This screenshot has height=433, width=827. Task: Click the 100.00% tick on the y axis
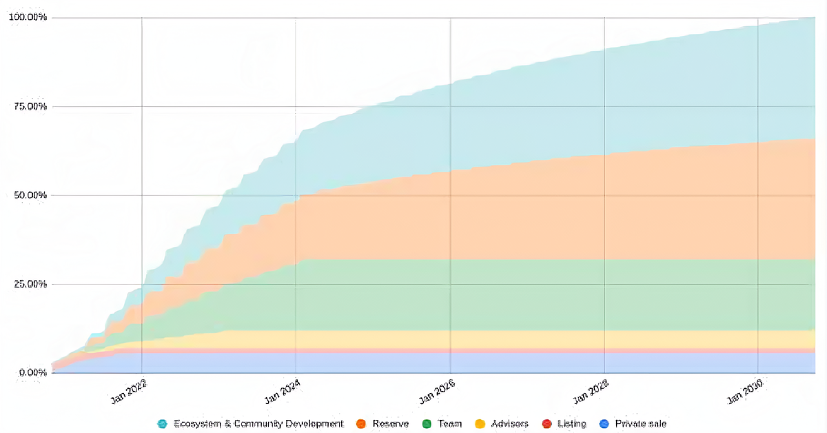pos(27,17)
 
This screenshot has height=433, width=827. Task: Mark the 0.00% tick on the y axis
pos(31,373)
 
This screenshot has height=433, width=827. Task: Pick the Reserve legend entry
pos(390,423)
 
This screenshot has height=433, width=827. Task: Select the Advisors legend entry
pos(509,423)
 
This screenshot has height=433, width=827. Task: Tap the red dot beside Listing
pos(547,423)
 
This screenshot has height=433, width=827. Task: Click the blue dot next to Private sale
pos(604,423)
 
